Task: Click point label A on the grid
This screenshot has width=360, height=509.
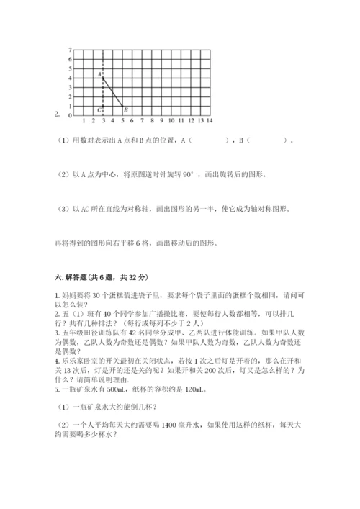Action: [x=98, y=74]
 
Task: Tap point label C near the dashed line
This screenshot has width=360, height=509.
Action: [x=98, y=110]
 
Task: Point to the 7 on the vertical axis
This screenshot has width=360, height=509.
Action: [x=70, y=50]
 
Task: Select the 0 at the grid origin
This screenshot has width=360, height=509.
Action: [x=70, y=115]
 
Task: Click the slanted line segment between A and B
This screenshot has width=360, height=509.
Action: [x=112, y=91]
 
